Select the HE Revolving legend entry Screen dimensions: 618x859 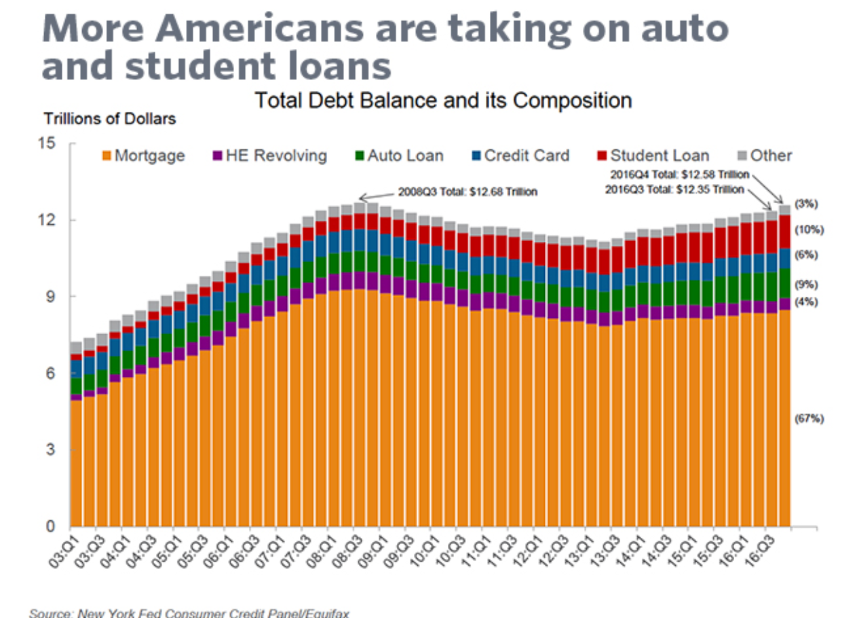pos(269,156)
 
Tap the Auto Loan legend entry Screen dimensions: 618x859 pos(398,156)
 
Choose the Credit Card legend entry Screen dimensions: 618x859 pos(519,156)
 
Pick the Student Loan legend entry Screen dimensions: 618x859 pos(652,156)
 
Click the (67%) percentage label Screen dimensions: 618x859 pos(809,419)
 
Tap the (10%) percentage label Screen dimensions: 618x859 pos(809,230)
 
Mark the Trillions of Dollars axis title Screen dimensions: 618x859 pos(110,119)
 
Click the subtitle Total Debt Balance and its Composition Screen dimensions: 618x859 pos(443,101)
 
